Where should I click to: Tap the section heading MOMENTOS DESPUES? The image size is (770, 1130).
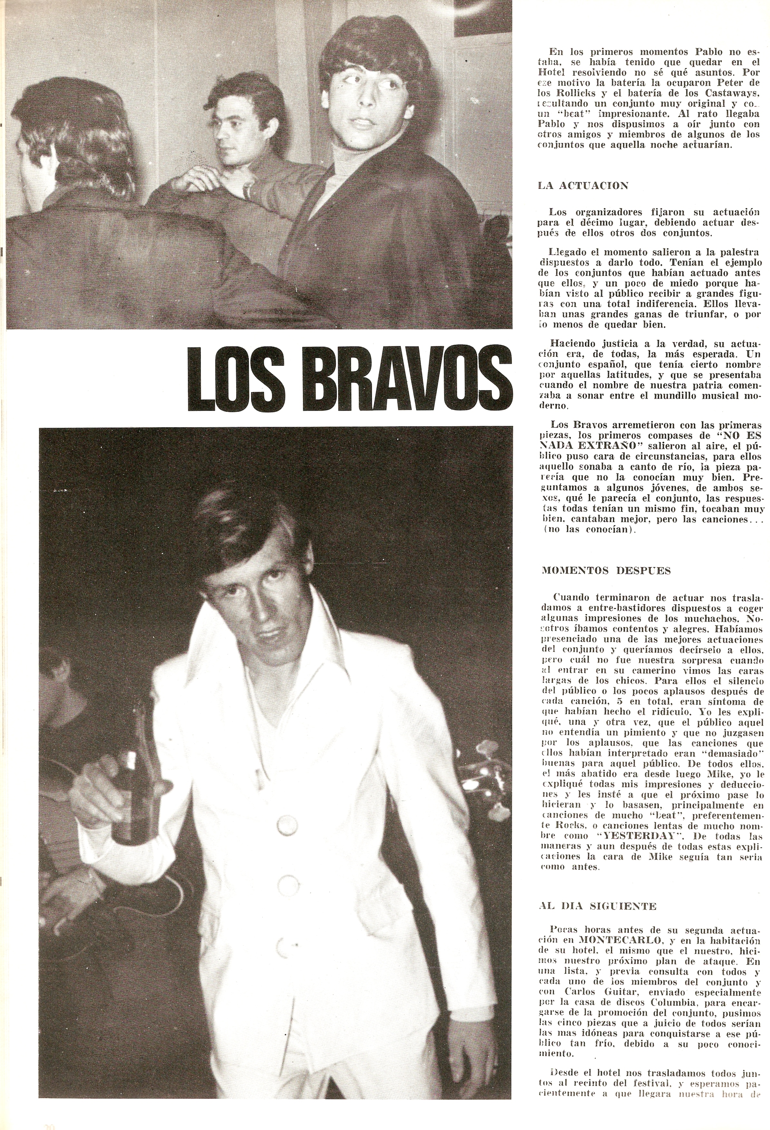[606, 571]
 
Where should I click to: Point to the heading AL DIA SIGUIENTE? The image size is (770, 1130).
[598, 906]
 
